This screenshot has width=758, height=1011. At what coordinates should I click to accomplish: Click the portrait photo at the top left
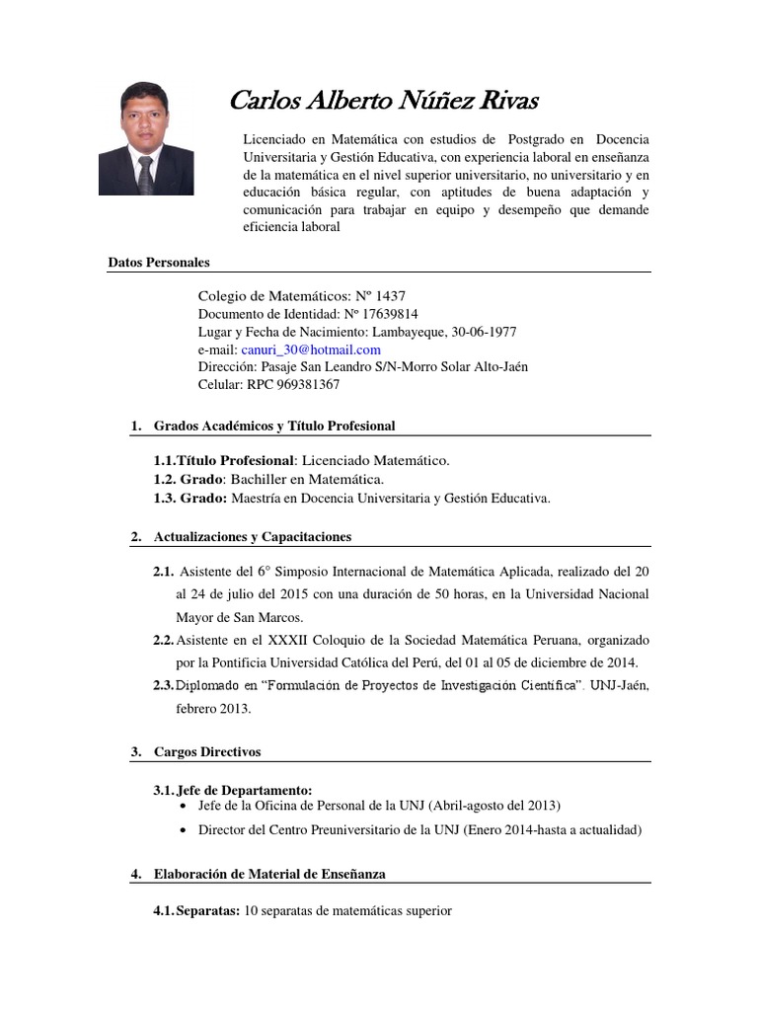point(146,138)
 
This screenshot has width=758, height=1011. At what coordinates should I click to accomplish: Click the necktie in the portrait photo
point(145,177)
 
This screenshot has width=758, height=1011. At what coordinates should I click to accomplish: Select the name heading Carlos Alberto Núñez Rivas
point(384,101)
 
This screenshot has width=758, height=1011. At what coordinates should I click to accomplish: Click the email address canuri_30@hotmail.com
point(311,350)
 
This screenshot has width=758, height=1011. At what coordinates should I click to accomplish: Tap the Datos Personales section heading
point(159,263)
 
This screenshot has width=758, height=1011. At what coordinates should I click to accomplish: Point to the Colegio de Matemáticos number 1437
point(388,296)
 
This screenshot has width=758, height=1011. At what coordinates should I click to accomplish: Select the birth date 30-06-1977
point(482,332)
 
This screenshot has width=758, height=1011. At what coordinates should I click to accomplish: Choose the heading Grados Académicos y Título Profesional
point(274,426)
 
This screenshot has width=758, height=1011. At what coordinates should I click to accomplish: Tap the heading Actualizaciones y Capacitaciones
point(253,537)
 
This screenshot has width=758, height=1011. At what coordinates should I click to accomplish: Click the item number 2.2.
point(164,640)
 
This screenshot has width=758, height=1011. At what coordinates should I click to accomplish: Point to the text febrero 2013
point(213,709)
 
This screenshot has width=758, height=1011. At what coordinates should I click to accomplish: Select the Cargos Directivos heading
point(207,751)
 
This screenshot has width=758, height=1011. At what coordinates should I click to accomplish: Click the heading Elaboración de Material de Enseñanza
point(270,874)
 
